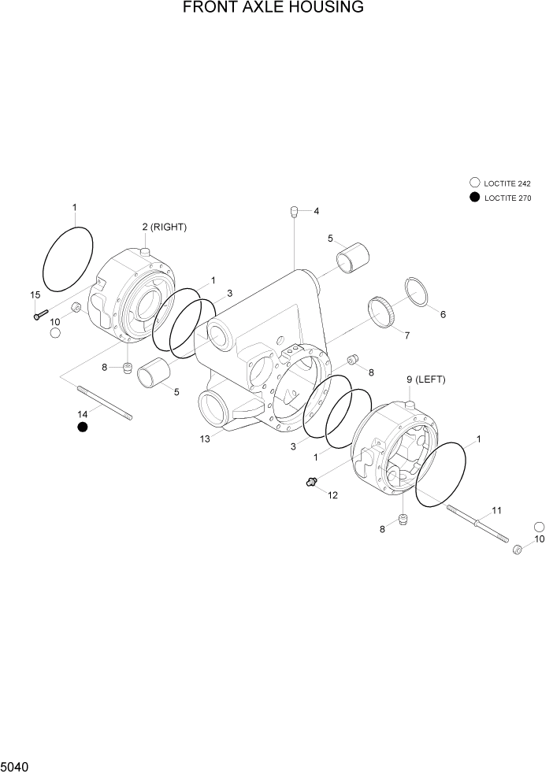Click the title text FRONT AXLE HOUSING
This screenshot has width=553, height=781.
(273, 9)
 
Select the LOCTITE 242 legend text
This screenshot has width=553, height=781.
(507, 183)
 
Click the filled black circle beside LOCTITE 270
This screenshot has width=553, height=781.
(474, 198)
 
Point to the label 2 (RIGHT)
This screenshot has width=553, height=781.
(164, 228)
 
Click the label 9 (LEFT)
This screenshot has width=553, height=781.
(425, 379)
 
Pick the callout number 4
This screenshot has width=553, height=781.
(316, 211)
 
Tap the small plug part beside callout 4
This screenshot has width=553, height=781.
(293, 211)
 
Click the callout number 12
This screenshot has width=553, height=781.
(332, 495)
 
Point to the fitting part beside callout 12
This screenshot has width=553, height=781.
(312, 482)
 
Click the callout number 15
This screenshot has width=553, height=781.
(35, 295)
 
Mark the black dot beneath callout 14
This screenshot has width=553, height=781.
(82, 427)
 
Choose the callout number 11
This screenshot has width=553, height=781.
(496, 511)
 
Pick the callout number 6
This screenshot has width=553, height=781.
(443, 315)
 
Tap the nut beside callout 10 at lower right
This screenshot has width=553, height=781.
(518, 549)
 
